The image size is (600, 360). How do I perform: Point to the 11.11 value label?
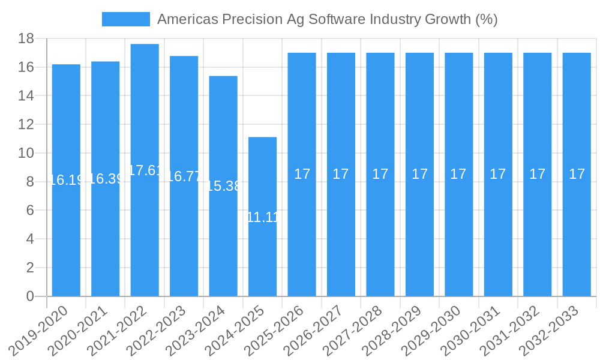[x=263, y=217]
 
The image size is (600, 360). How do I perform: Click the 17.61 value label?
[x=145, y=170]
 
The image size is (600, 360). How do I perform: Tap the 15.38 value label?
[x=223, y=186]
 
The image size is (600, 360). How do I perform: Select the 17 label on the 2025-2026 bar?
[x=302, y=174]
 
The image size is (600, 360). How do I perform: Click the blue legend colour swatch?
[x=125, y=19]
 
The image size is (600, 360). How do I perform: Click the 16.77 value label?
[x=184, y=176]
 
